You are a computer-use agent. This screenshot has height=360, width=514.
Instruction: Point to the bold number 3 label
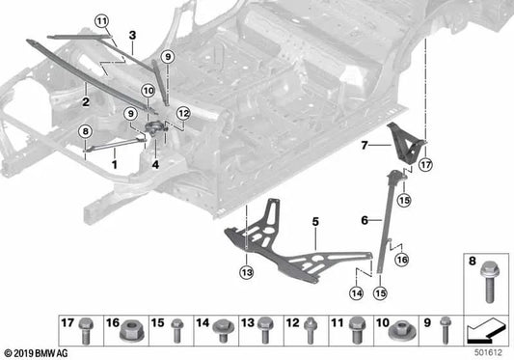pyautogui.click(x=132, y=35)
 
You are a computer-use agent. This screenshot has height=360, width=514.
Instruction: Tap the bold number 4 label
pyautogui.click(x=154, y=163)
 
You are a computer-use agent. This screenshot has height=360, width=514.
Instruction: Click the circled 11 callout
pyautogui.click(x=102, y=20)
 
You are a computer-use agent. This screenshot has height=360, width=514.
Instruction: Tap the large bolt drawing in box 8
pyautogui.click(x=486, y=286)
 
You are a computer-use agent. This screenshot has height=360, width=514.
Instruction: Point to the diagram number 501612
pyautogui.click(x=491, y=352)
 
